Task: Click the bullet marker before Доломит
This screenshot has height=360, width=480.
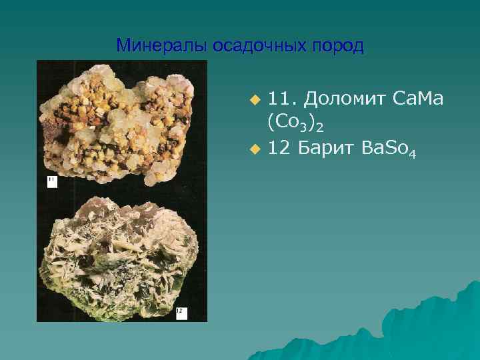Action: [x=253, y=100]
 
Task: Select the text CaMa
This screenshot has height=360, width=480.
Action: [x=419, y=99]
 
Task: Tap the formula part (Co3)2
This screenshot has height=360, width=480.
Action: [x=295, y=123]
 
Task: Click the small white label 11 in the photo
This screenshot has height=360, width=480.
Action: [x=51, y=181]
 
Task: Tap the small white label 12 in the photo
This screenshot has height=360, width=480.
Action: [x=180, y=311]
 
